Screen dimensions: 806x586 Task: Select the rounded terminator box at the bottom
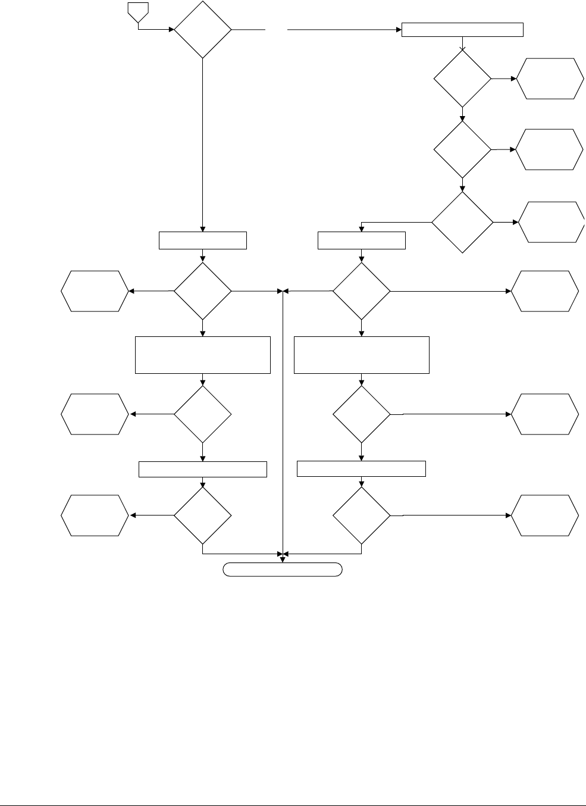283,569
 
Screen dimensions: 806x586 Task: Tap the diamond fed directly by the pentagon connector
202,29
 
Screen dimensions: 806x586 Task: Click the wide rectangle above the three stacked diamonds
463,30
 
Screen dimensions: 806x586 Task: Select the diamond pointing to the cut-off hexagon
462,222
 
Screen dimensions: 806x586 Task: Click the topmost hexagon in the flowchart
549,79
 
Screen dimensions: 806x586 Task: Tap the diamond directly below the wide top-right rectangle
462,79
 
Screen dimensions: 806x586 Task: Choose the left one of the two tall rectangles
203,355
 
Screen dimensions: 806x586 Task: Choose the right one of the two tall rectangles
362,355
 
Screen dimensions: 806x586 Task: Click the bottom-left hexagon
95,515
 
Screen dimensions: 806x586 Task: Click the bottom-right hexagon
546,515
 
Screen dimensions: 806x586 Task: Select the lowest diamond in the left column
203,515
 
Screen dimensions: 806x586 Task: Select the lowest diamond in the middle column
362,515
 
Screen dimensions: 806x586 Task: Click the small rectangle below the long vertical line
203,240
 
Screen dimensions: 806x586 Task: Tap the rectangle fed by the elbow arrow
362,240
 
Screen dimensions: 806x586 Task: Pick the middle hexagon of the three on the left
95,414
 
